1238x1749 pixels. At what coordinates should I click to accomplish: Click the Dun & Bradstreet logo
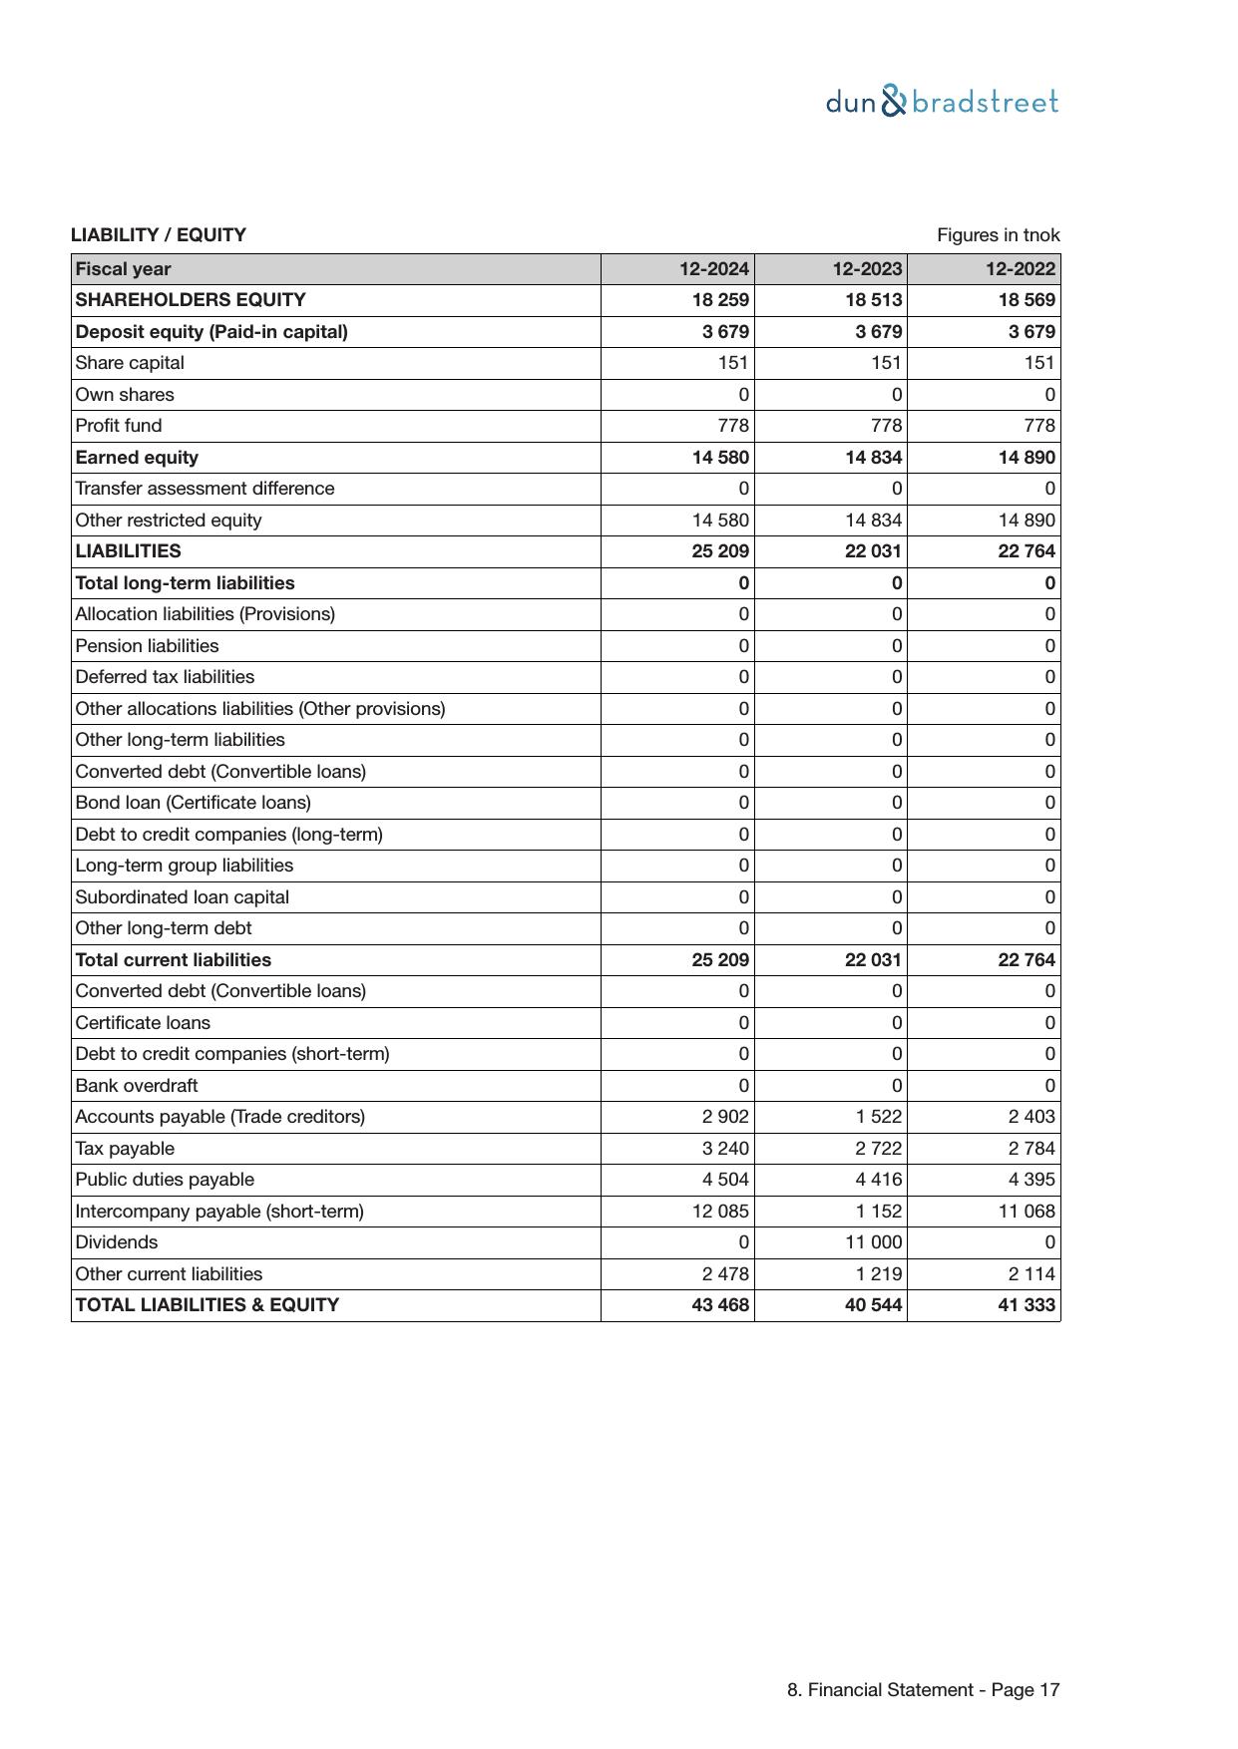pos(942,102)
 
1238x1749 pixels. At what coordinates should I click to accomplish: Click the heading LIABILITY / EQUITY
pos(159,235)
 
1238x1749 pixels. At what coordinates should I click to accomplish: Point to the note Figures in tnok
pos(998,235)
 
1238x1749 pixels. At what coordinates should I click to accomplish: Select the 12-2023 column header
pos(867,269)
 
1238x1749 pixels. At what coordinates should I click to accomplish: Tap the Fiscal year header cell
pos(123,269)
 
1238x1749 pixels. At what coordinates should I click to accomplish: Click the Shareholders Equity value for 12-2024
pos(720,300)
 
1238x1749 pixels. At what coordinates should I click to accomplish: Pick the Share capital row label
pos(130,363)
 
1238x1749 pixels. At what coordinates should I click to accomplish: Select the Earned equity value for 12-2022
pos(1027,458)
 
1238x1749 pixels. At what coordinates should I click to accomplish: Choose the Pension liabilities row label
pos(147,646)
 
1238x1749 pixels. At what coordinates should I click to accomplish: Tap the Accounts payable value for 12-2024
pos(725,1117)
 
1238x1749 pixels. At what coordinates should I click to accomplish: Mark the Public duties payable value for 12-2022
pos(1032,1180)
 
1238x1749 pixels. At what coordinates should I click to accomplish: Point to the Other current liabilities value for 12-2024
pos(725,1274)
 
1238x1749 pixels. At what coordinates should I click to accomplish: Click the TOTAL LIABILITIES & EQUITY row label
pos(207,1305)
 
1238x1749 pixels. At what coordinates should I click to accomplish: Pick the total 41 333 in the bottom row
pos(1027,1305)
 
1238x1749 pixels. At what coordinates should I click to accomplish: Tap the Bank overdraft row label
pos(137,1086)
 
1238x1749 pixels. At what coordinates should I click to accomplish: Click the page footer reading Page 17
pos(923,1690)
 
